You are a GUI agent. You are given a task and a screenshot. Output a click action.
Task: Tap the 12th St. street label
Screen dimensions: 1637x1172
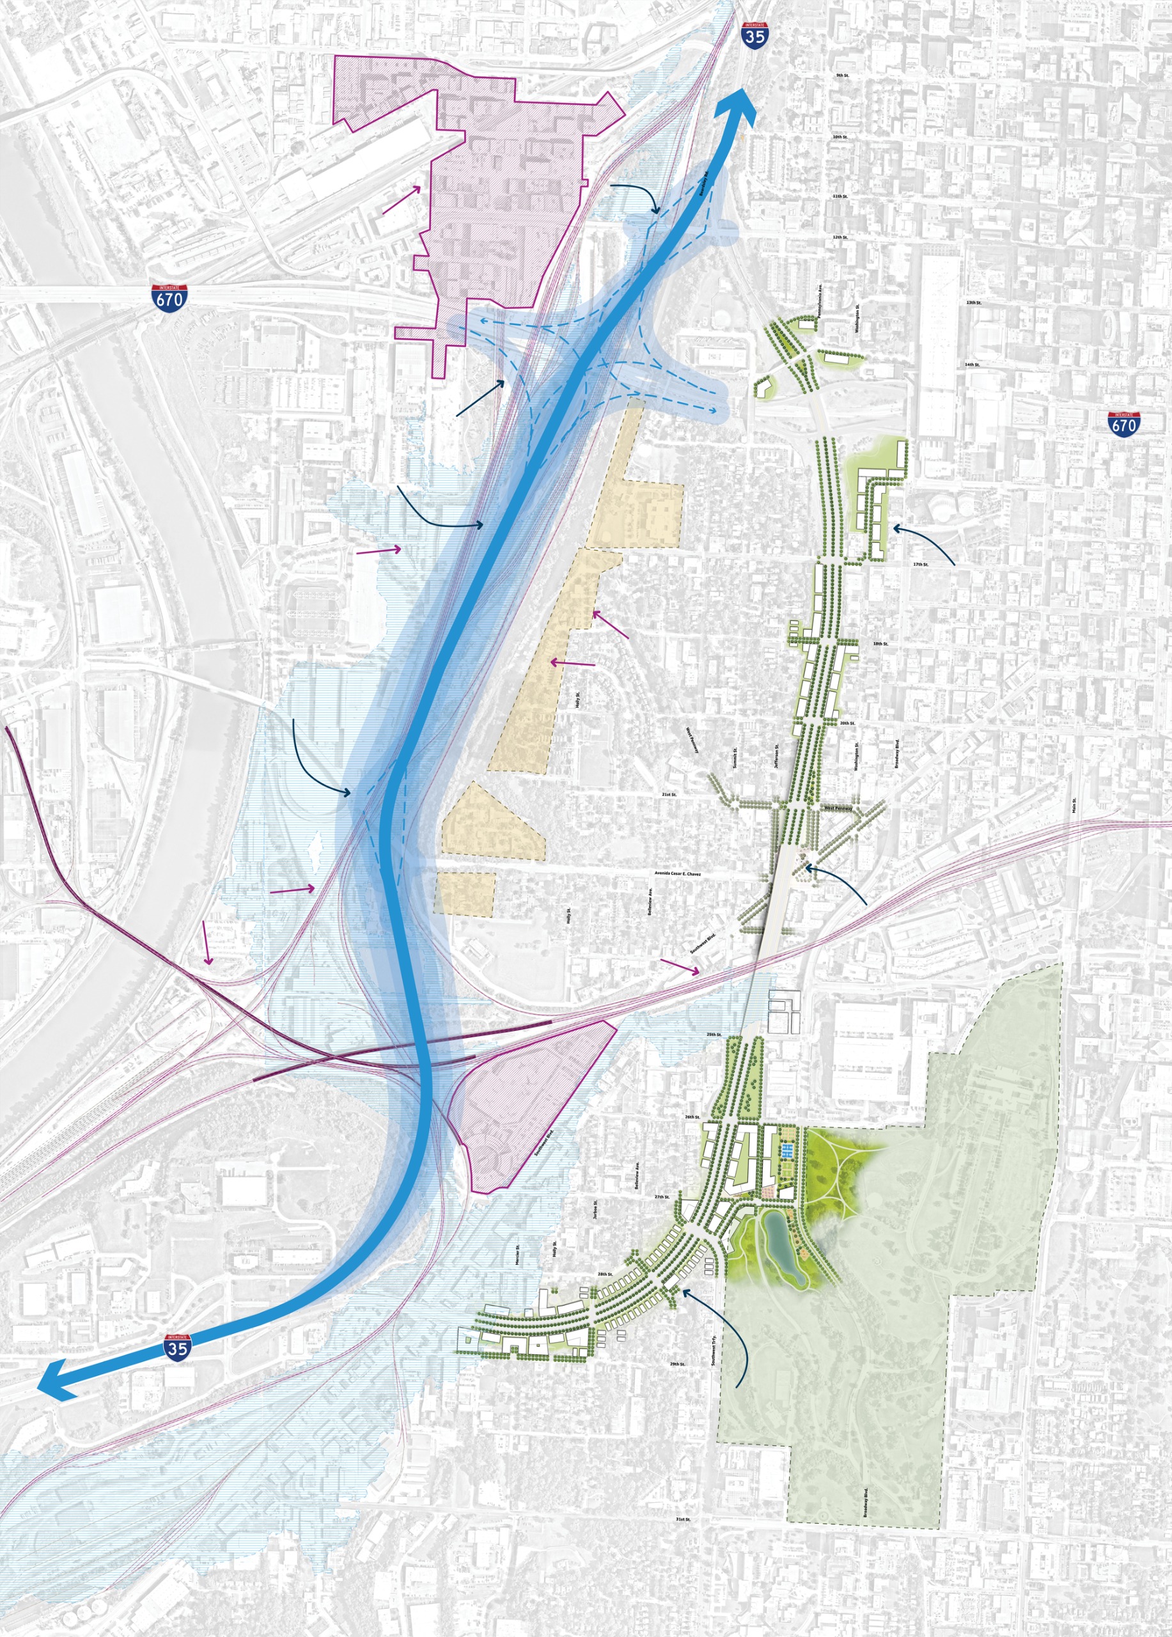pyautogui.click(x=840, y=237)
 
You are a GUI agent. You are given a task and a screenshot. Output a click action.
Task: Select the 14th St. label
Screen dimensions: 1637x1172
pyautogui.click(x=972, y=365)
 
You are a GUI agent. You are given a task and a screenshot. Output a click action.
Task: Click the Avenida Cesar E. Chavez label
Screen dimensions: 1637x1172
pyautogui.click(x=677, y=873)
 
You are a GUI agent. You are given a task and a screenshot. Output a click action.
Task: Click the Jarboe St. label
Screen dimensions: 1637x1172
pyautogui.click(x=595, y=1210)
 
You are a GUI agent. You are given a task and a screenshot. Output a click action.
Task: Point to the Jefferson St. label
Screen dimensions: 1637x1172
pyautogui.click(x=776, y=756)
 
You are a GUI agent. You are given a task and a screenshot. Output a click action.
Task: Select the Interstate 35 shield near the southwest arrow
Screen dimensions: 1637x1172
pyautogui.click(x=178, y=1347)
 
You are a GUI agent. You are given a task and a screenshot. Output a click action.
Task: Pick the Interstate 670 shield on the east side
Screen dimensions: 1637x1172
pyautogui.click(x=1123, y=425)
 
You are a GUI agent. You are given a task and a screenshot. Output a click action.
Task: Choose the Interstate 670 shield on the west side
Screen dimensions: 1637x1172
pyautogui.click(x=170, y=297)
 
